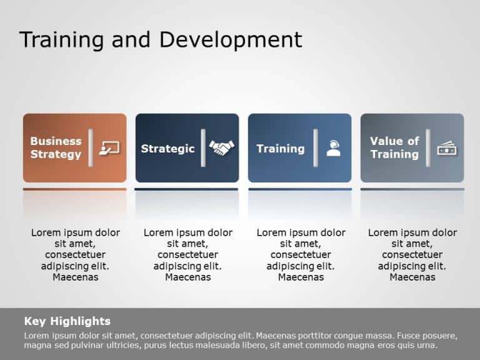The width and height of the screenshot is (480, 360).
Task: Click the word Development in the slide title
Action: pyautogui.click(x=231, y=39)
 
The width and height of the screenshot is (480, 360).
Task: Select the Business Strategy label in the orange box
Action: pyautogui.click(x=56, y=147)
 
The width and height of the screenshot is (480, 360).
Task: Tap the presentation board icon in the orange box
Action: pyautogui.click(x=109, y=148)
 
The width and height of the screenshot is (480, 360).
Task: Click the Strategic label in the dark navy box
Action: pyautogui.click(x=167, y=148)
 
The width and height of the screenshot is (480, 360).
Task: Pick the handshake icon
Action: pyautogui.click(x=221, y=148)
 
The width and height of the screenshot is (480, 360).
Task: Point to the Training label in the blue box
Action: pyautogui.click(x=281, y=148)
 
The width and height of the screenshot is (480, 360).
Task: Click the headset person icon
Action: pyautogui.click(x=334, y=148)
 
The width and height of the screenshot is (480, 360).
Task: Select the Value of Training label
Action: pyautogui.click(x=394, y=147)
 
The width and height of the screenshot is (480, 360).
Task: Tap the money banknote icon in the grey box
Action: pyautogui.click(x=447, y=148)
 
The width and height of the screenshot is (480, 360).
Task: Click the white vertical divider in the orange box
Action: pyautogui.click(x=91, y=148)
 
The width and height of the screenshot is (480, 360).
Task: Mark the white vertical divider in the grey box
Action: pyautogui.click(x=428, y=148)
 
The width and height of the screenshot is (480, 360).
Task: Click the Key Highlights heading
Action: pyautogui.click(x=67, y=321)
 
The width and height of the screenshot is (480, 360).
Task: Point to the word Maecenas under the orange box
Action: pyautogui.click(x=76, y=277)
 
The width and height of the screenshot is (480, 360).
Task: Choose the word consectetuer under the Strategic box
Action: pyautogui.click(x=188, y=255)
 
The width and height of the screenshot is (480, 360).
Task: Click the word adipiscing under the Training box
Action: pyautogui.click(x=289, y=266)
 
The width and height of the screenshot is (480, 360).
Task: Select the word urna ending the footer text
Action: pyautogui.click(x=425, y=345)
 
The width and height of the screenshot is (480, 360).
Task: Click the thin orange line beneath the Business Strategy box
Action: pyautogui.click(x=74, y=189)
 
